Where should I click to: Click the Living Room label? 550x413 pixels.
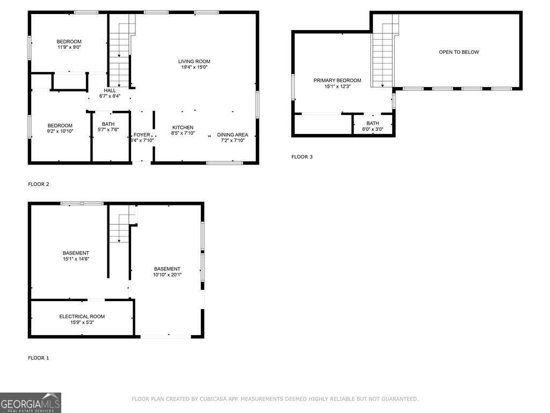pos(194,61)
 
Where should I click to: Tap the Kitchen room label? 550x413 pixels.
pos(183,127)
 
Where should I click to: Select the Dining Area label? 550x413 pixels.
pos(233,134)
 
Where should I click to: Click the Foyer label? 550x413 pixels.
pos(142,134)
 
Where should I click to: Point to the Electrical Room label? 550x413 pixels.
pos(82,316)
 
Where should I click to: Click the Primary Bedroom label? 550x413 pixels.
pos(337,80)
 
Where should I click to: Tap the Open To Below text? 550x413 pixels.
pos(459,52)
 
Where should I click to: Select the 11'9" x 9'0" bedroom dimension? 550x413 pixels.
pos(69,47)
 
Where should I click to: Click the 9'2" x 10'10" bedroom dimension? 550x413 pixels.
pos(60,131)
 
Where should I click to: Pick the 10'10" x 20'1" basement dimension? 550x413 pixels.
pos(167,275)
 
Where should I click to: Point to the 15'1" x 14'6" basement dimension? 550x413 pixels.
pos(76,259)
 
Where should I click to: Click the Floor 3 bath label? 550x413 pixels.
pos(373,123)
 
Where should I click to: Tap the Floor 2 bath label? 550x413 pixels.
pos(108,124)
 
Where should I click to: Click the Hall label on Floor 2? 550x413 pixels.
pos(110,90)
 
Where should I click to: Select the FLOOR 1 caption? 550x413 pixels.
pos(39,358)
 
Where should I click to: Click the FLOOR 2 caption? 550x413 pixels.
pos(39,184)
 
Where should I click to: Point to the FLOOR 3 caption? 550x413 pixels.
pos(302,157)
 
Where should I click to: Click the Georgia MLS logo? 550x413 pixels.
pos(31,403)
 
